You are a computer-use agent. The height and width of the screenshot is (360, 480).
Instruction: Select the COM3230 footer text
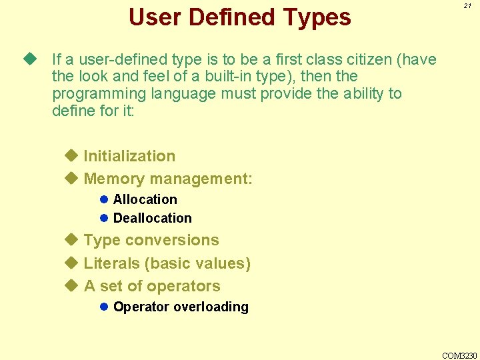pos(459,355)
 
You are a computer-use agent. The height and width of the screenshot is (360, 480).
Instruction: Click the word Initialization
pos(129,156)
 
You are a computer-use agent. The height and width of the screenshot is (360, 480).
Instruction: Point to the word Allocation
pos(145,199)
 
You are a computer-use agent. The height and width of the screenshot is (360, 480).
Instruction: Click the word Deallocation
pos(153,218)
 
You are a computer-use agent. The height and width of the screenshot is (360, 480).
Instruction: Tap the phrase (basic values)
pos(197,263)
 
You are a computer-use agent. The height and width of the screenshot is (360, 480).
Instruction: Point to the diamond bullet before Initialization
pos(72,156)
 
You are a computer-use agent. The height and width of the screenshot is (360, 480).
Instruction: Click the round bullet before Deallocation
pos(104,218)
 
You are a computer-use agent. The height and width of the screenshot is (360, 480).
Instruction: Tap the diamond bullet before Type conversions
pos(72,240)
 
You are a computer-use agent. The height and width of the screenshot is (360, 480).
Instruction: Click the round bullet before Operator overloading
pos(104,307)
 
